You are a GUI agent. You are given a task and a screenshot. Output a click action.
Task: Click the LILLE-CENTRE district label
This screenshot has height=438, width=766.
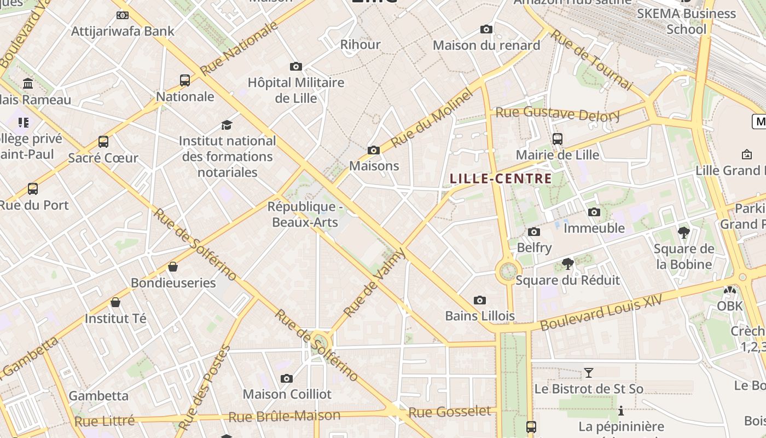pos(501,178)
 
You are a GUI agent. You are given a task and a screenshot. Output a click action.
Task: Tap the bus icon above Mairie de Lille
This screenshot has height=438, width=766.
pos(558,139)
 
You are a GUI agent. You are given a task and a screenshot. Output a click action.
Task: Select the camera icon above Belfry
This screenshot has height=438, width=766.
pos(534,232)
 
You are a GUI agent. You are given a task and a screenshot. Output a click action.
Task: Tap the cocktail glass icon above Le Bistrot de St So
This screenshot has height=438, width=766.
pos(589,373)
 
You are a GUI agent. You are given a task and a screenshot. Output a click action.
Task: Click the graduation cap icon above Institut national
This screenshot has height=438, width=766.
pos(227,125)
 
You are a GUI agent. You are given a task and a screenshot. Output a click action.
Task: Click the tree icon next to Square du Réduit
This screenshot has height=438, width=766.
pos(568,264)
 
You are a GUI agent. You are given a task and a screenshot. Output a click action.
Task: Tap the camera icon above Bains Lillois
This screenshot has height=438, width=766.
pos(480,300)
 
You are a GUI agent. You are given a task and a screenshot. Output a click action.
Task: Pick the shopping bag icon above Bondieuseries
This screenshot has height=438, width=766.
pos(173,267)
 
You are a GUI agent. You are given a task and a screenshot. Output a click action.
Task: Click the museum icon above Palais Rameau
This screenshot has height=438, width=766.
pos(28,84)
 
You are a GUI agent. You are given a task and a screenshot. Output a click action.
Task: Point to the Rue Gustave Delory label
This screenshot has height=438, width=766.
pos(557,114)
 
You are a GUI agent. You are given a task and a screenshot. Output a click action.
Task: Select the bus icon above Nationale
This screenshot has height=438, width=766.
pos(185,80)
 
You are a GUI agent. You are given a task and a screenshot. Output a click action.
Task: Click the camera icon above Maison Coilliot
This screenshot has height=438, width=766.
pos(286,378)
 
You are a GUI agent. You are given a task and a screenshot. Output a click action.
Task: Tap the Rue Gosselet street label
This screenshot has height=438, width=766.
pos(450,412)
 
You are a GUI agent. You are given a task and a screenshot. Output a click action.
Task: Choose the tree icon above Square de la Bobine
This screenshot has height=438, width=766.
pos(683,233)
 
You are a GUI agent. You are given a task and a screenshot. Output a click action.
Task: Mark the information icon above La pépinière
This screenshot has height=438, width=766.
pos(621,411)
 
